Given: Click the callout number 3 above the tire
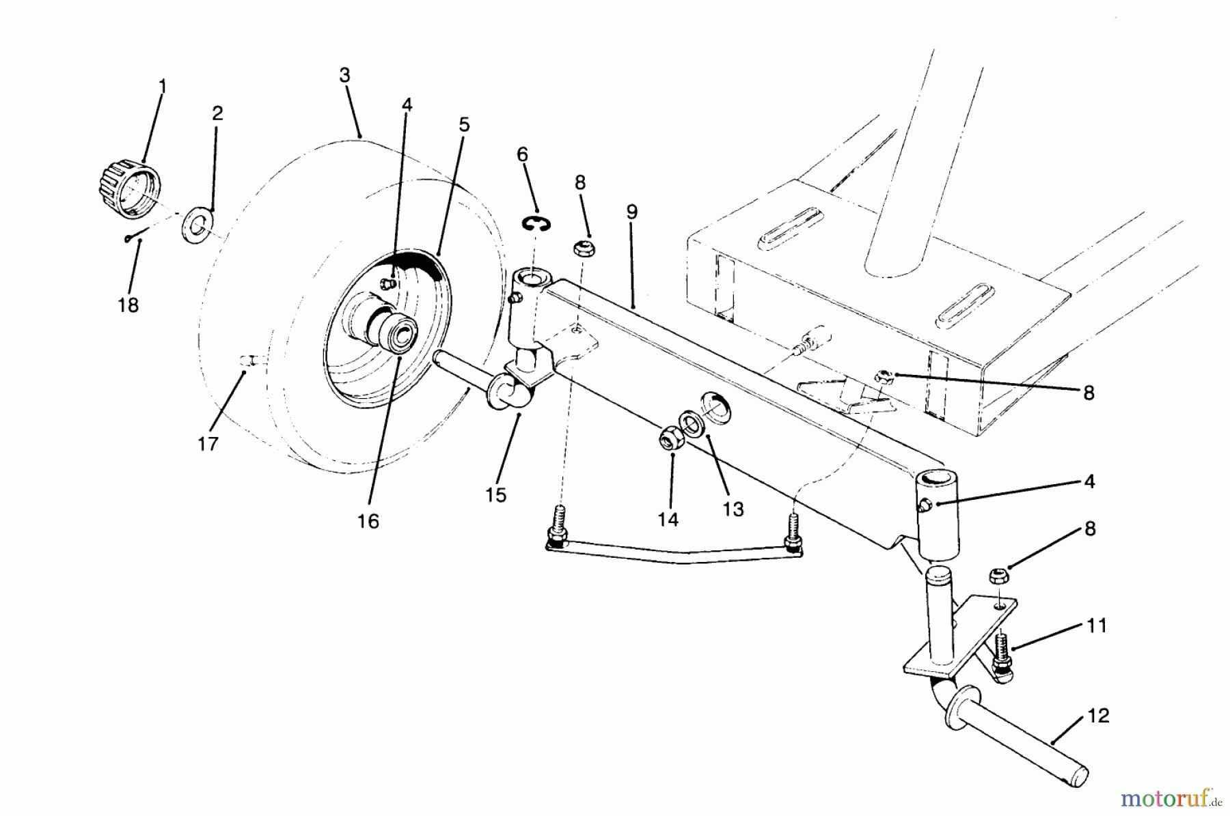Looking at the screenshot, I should [344, 76].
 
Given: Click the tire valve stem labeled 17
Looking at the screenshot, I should [249, 360].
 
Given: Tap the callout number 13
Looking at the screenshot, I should [733, 509].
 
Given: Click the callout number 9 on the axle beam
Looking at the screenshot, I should [631, 212].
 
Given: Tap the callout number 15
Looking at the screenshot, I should [497, 495].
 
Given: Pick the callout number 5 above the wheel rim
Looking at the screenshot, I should [464, 125].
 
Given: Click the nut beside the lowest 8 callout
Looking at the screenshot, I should [997, 577].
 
